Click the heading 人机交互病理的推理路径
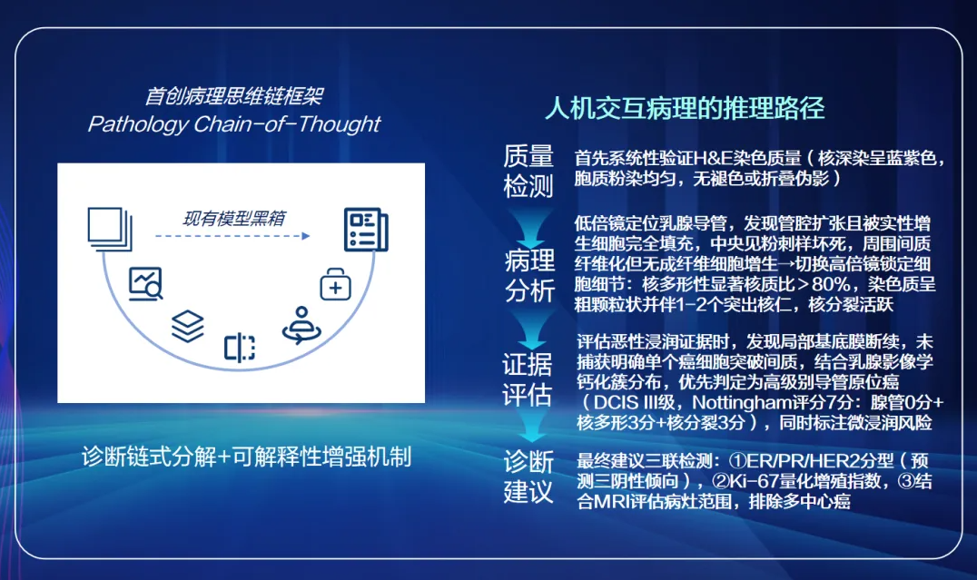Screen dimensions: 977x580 pos(685,108)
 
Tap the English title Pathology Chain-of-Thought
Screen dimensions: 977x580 pos(233,124)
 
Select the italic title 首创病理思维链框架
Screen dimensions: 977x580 pos(233,96)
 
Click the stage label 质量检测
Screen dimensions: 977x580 pos(528,171)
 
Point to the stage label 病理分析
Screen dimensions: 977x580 pos(529,275)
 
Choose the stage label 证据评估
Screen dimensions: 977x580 pos(528,379)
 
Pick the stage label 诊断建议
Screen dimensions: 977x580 pos(528,477)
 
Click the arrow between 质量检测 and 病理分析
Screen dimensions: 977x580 pos(530,229)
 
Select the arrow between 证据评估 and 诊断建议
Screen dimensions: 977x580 pos(531,427)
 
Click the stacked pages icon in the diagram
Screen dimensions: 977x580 pos(110,230)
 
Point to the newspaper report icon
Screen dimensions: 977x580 pos(367,230)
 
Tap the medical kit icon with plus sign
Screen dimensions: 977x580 pos(335,285)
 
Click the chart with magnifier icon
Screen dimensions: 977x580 pos(146,283)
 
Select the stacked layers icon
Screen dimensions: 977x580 pos(188,327)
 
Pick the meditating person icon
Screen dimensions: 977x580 pos(301,325)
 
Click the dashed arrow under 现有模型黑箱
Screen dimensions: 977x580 pos(232,236)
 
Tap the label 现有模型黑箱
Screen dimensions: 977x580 pos(233,218)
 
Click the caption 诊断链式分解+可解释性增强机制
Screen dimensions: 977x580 pos(247,457)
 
